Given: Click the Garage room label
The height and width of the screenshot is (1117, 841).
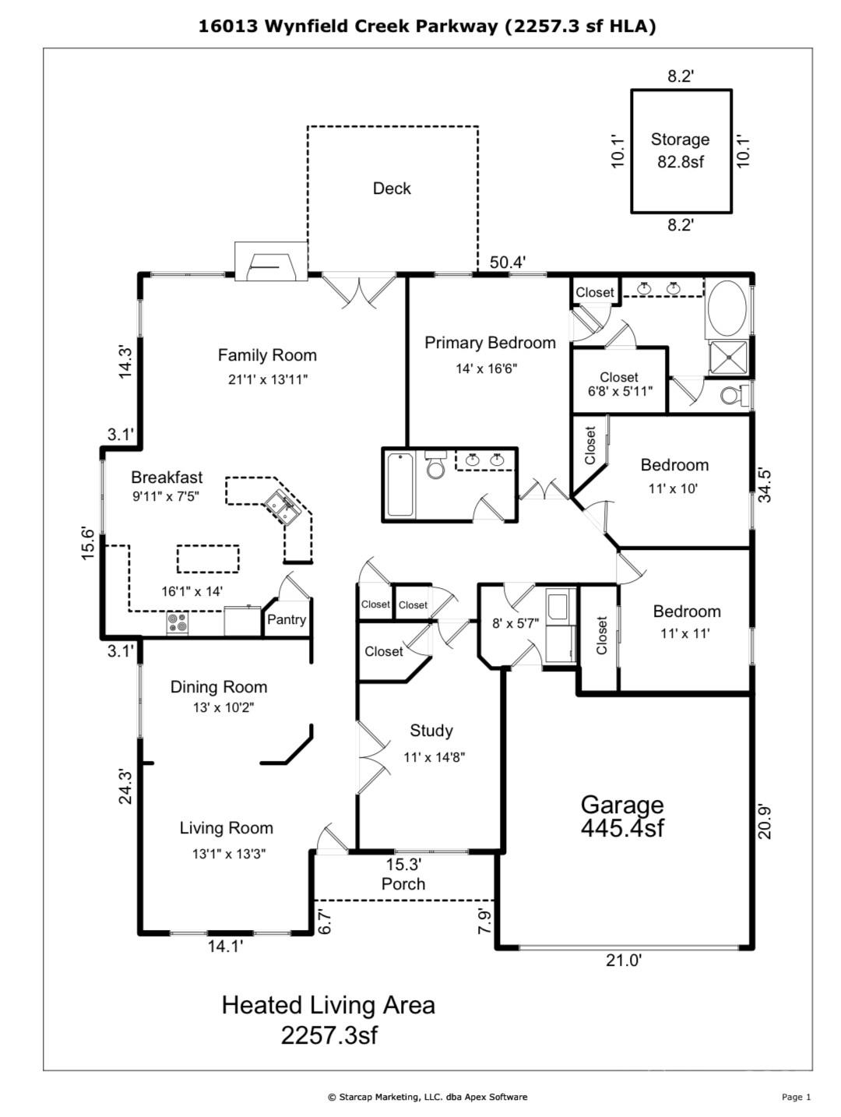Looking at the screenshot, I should click(x=622, y=815).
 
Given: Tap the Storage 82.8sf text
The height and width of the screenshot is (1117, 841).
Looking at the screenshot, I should click(x=680, y=150).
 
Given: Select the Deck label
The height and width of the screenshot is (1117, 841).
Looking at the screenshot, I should click(x=392, y=188).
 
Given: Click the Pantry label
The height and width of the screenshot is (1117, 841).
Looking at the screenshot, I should click(x=286, y=620).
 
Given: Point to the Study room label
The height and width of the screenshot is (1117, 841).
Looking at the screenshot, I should click(x=431, y=731).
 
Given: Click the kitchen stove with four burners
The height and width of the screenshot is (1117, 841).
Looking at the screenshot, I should click(x=177, y=623).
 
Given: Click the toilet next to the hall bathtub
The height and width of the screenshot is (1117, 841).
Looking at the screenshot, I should click(x=435, y=467).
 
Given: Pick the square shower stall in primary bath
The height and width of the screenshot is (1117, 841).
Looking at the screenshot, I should click(x=727, y=358).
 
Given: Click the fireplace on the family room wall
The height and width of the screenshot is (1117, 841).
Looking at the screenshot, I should click(x=272, y=263).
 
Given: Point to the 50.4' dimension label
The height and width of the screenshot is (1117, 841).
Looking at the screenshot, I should click(x=508, y=263).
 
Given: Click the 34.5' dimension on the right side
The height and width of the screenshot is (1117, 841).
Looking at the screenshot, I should click(x=765, y=485).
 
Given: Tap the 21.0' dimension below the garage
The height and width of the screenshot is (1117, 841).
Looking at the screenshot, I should click(x=623, y=960).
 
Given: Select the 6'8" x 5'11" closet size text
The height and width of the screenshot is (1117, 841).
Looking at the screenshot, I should click(x=620, y=392).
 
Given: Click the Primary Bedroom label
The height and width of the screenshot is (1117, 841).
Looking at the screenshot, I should click(x=490, y=343).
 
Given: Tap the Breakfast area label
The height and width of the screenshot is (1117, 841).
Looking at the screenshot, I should click(x=167, y=477).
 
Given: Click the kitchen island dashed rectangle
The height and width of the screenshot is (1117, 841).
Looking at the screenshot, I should click(x=208, y=559).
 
